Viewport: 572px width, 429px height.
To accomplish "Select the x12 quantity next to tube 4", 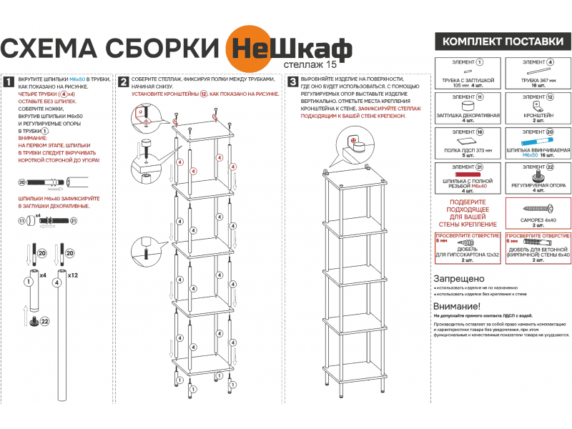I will click(x=72, y=275).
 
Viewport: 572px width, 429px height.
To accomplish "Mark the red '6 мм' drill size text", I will click(x=512, y=241).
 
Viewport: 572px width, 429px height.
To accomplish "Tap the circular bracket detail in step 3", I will click(x=353, y=139).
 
